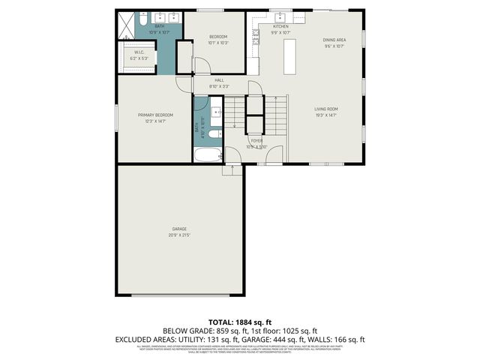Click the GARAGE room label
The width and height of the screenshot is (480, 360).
[179, 229]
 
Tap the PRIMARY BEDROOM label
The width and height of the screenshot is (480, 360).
[155, 115]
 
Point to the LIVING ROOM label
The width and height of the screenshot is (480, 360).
[326, 109]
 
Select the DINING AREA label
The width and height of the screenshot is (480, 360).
[334, 40]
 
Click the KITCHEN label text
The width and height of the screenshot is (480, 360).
[270, 26]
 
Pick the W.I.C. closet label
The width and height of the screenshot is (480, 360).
[139, 52]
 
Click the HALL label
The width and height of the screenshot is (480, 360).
[219, 80]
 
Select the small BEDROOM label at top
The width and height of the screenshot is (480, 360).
[218, 37]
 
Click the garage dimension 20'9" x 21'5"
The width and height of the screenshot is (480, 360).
[179, 235]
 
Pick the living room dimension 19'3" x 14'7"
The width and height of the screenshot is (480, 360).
[326, 115]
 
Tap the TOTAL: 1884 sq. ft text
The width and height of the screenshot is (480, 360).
[239, 322]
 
